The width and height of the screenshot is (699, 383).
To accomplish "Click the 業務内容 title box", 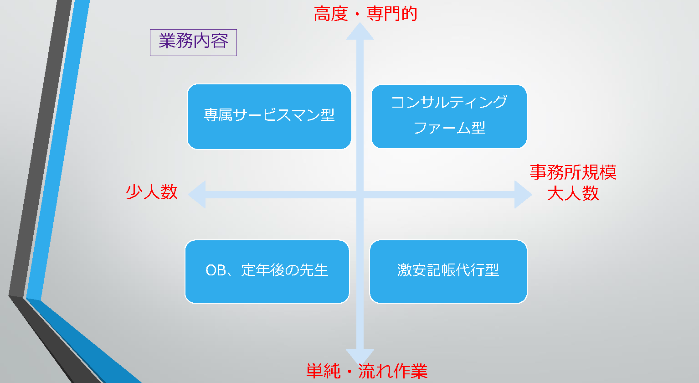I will [x=193, y=42].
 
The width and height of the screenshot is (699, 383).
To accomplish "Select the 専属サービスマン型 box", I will [x=269, y=116].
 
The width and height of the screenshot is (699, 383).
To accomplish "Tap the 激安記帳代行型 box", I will [x=448, y=271].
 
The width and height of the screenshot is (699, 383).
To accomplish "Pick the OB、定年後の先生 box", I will [x=267, y=271].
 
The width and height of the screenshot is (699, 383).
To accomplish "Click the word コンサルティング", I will [x=449, y=102].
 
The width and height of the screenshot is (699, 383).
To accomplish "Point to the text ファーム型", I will [x=449, y=128].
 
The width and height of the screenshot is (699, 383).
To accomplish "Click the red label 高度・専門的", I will [x=365, y=14].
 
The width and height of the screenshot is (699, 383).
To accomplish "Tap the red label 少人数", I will [x=151, y=192].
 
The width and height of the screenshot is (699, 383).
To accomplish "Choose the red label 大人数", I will [x=573, y=194].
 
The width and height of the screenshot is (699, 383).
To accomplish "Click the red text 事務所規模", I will [x=573, y=172].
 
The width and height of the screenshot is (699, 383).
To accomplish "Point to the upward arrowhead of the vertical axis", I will [x=360, y=31].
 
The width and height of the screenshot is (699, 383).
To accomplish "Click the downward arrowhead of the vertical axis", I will [x=360, y=357].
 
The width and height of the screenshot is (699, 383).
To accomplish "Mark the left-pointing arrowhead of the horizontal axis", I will [x=197, y=194].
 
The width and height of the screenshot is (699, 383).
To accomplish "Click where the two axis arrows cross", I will [x=360, y=195].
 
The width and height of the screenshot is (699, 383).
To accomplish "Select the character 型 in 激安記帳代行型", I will [x=493, y=270].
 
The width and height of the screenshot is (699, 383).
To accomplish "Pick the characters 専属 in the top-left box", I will [x=218, y=115].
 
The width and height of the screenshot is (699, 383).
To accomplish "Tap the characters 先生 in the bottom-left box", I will [x=314, y=270].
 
